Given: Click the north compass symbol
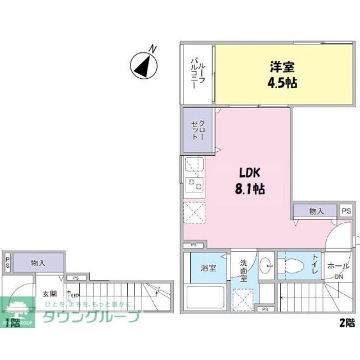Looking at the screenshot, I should [143, 65].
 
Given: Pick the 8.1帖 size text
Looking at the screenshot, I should [251, 189].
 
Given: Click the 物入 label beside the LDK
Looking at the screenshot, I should [317, 211].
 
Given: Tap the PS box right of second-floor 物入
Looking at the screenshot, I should [346, 211].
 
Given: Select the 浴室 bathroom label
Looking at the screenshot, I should [209, 268].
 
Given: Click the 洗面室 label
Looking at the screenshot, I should [244, 270].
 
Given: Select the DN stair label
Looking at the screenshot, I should [339, 277].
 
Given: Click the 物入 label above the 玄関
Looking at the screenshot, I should [38, 263].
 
